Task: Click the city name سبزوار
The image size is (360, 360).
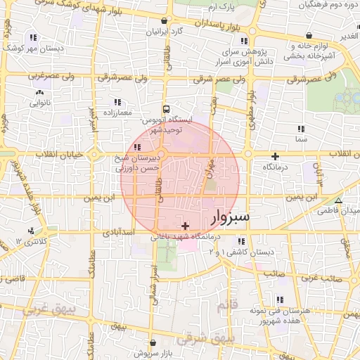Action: (x=230, y=216)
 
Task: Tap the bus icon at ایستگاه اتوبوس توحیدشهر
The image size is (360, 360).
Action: (x=166, y=109)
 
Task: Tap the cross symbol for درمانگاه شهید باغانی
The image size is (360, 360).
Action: (x=185, y=226)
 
